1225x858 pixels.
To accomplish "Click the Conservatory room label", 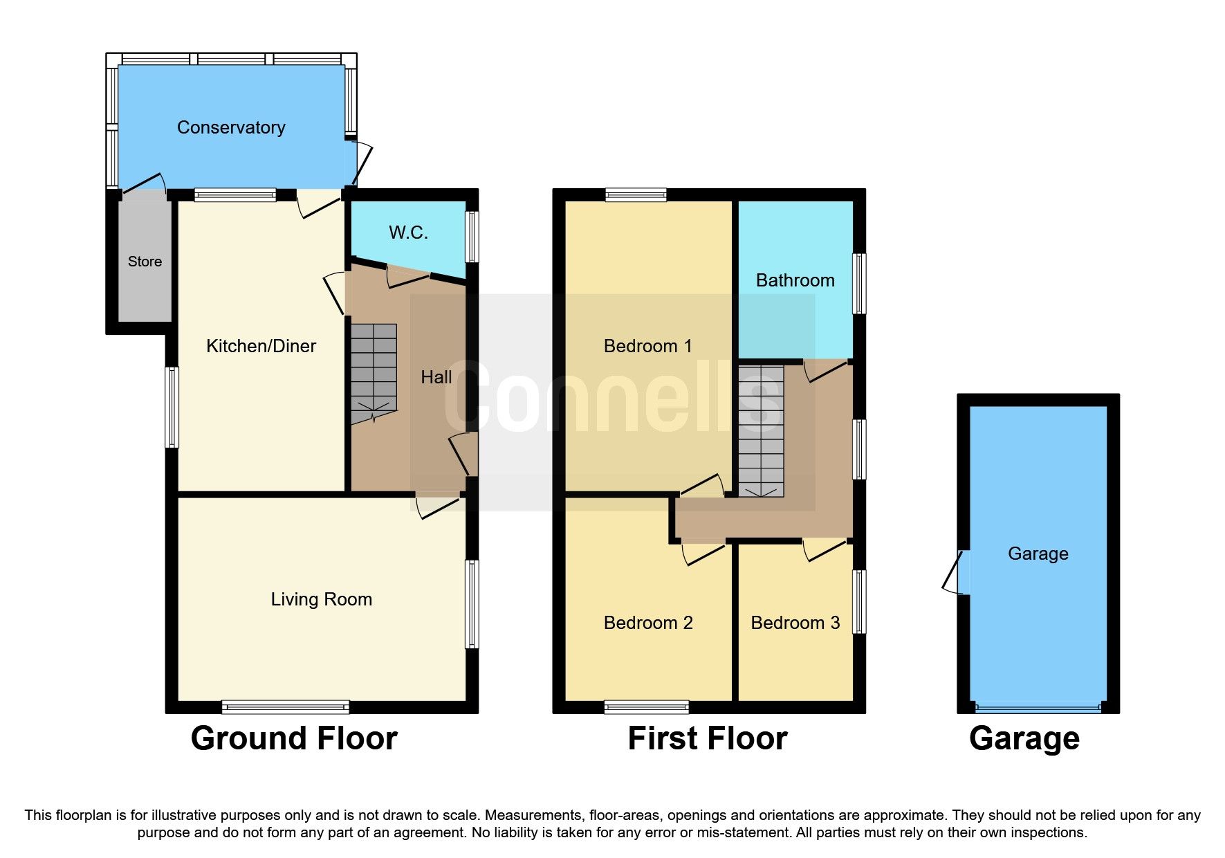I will [231, 127].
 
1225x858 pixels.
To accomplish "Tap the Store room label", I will [145, 262].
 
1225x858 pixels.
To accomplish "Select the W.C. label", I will [408, 232].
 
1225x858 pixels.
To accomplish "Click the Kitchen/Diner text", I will [261, 346].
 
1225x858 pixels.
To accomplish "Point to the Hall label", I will [436, 377].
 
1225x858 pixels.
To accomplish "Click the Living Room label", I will [321, 599].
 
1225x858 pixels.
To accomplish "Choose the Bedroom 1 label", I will [647, 346].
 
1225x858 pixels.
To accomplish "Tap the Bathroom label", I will [795, 280].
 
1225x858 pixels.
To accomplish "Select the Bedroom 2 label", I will [648, 623].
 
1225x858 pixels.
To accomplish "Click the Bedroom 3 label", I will [795, 623].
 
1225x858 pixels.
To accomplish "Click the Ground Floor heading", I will [294, 738].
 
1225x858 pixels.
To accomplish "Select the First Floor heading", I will [707, 738].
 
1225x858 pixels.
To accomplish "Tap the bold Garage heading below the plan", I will [1024, 738].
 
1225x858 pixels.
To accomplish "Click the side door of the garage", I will [958, 572].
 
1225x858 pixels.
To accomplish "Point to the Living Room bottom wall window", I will [285, 706].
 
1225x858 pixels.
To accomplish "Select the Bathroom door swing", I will [825, 371].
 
